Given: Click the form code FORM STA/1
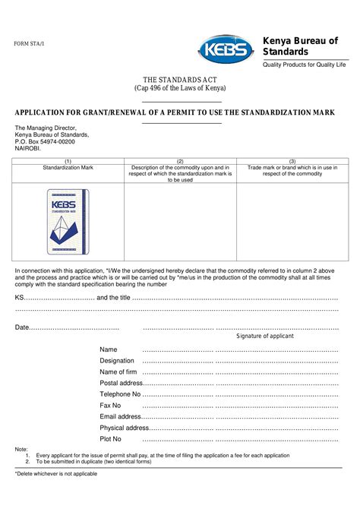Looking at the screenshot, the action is (x=29, y=44).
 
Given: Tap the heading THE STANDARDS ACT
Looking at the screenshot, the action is (x=180, y=80).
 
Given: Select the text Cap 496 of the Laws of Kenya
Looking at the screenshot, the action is (x=180, y=89).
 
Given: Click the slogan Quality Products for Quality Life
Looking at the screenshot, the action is (x=304, y=65).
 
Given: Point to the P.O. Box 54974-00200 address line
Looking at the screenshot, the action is (x=45, y=142).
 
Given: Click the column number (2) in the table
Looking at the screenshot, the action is (x=180, y=161).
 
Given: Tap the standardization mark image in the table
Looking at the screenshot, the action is (x=68, y=220).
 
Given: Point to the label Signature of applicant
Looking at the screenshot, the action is (x=265, y=336).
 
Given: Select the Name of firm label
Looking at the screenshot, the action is (x=118, y=371).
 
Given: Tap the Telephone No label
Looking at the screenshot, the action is (x=120, y=394).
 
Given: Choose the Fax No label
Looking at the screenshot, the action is (x=111, y=406).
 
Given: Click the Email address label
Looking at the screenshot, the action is (x=120, y=416).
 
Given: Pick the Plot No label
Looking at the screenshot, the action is (x=111, y=439).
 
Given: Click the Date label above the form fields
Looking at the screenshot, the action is (x=23, y=327).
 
